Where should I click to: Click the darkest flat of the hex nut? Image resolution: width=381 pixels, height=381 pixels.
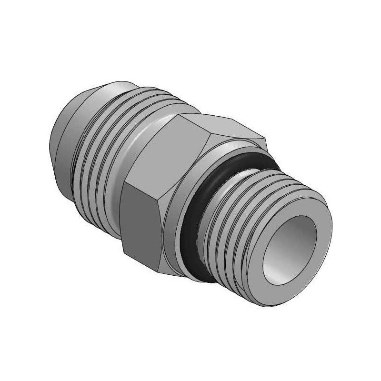140,219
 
